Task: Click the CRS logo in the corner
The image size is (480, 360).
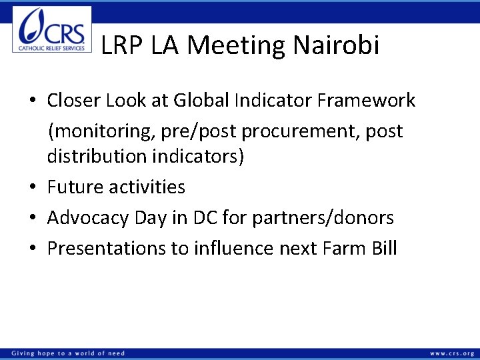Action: [52, 30]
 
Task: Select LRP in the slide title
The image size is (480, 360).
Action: [123, 45]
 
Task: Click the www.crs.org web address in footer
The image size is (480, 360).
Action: [452, 353]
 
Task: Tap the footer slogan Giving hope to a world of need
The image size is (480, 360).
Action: [67, 353]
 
